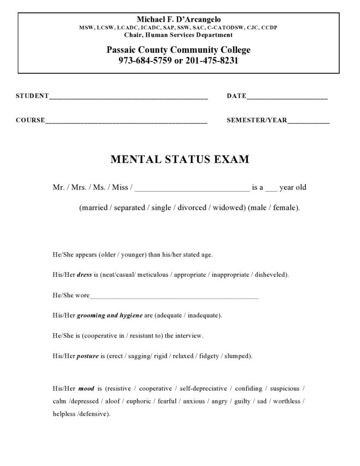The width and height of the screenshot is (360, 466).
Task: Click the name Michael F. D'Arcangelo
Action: coord(179,19)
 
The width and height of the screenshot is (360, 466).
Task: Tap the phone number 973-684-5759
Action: coord(144,61)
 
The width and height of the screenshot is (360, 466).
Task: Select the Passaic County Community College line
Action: coord(179,50)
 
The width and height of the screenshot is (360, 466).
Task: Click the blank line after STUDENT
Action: coord(128,96)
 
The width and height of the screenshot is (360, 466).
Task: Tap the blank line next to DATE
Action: coord(287,96)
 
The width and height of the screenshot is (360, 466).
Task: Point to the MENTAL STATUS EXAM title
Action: coord(180,160)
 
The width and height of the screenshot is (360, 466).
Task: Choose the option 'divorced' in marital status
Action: coord(192,208)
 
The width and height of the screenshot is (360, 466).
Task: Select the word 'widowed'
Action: coord(229,208)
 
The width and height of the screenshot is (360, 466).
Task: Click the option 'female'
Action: coord(285,208)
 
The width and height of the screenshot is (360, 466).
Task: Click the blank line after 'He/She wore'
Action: coord(174,295)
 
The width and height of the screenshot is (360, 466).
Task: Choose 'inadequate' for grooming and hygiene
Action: coord(204,316)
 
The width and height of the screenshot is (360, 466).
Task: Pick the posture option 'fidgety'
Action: coord(209,356)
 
